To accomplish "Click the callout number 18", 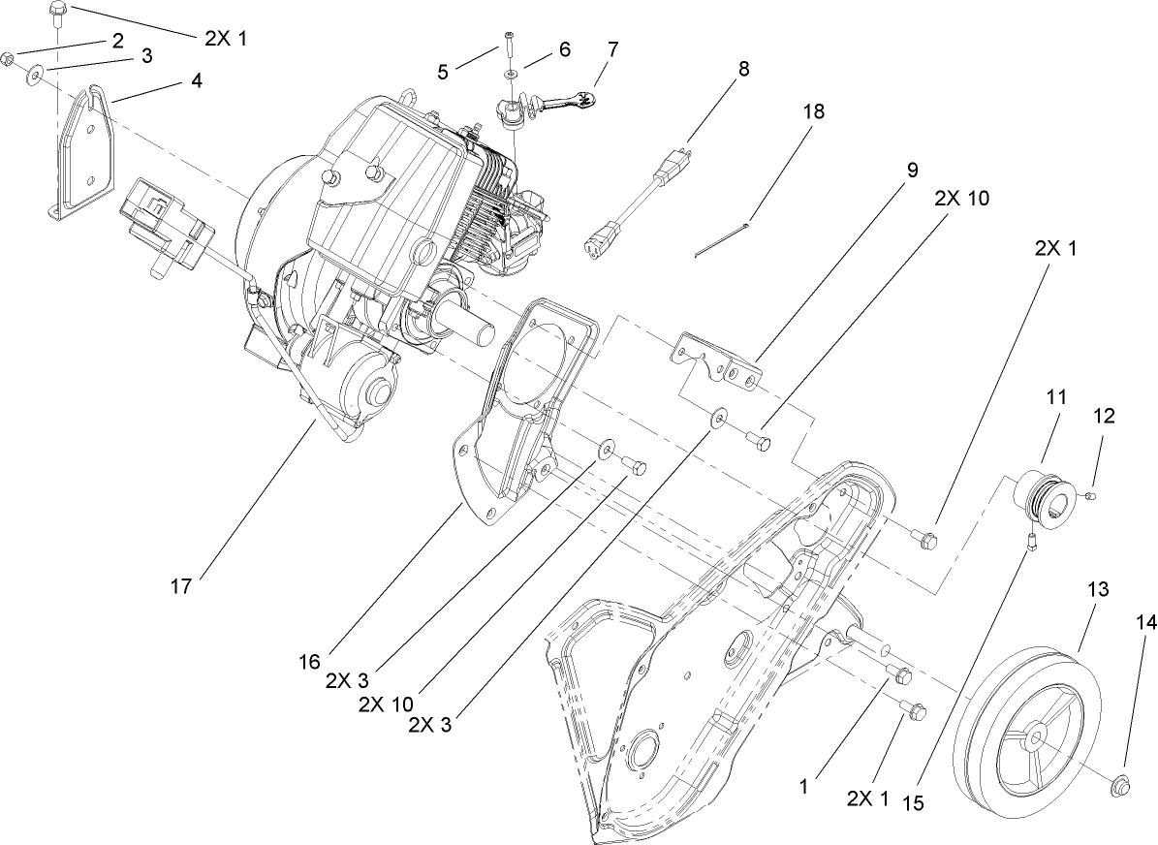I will tap(813, 111).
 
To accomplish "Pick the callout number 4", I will tap(197, 81).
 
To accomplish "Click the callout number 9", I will tap(912, 169).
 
